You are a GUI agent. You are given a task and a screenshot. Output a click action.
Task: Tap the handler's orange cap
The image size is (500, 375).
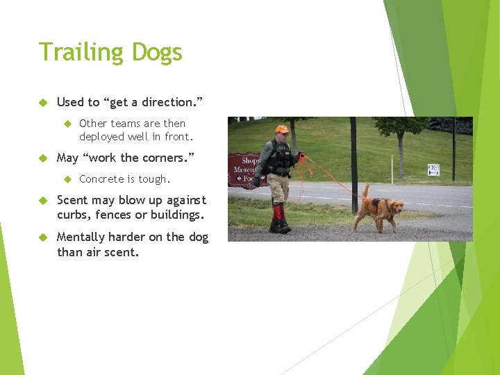pyautogui.click(x=281, y=129)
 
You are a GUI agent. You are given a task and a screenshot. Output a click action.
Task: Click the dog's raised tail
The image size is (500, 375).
pyautogui.click(x=365, y=190)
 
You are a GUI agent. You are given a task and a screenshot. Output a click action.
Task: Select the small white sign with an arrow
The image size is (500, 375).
pyautogui.click(x=433, y=169)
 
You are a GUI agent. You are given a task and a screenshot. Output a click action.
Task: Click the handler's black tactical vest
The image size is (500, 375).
pyautogui.click(x=281, y=159)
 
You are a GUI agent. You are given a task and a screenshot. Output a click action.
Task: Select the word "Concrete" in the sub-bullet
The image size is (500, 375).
pyautogui.click(x=102, y=179)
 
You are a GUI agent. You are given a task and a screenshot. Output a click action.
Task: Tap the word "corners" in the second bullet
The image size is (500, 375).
pyautogui.click(x=164, y=158)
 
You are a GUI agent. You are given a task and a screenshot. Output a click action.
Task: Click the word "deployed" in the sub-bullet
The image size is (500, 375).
pyautogui.click(x=101, y=137)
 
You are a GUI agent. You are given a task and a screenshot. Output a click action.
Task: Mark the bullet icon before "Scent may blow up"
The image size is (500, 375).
pyautogui.click(x=42, y=200)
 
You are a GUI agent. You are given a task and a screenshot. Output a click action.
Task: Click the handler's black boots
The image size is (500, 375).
pyautogui.click(x=280, y=226)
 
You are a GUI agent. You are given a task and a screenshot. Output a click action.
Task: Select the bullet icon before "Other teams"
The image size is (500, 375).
pyautogui.click(x=68, y=124)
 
